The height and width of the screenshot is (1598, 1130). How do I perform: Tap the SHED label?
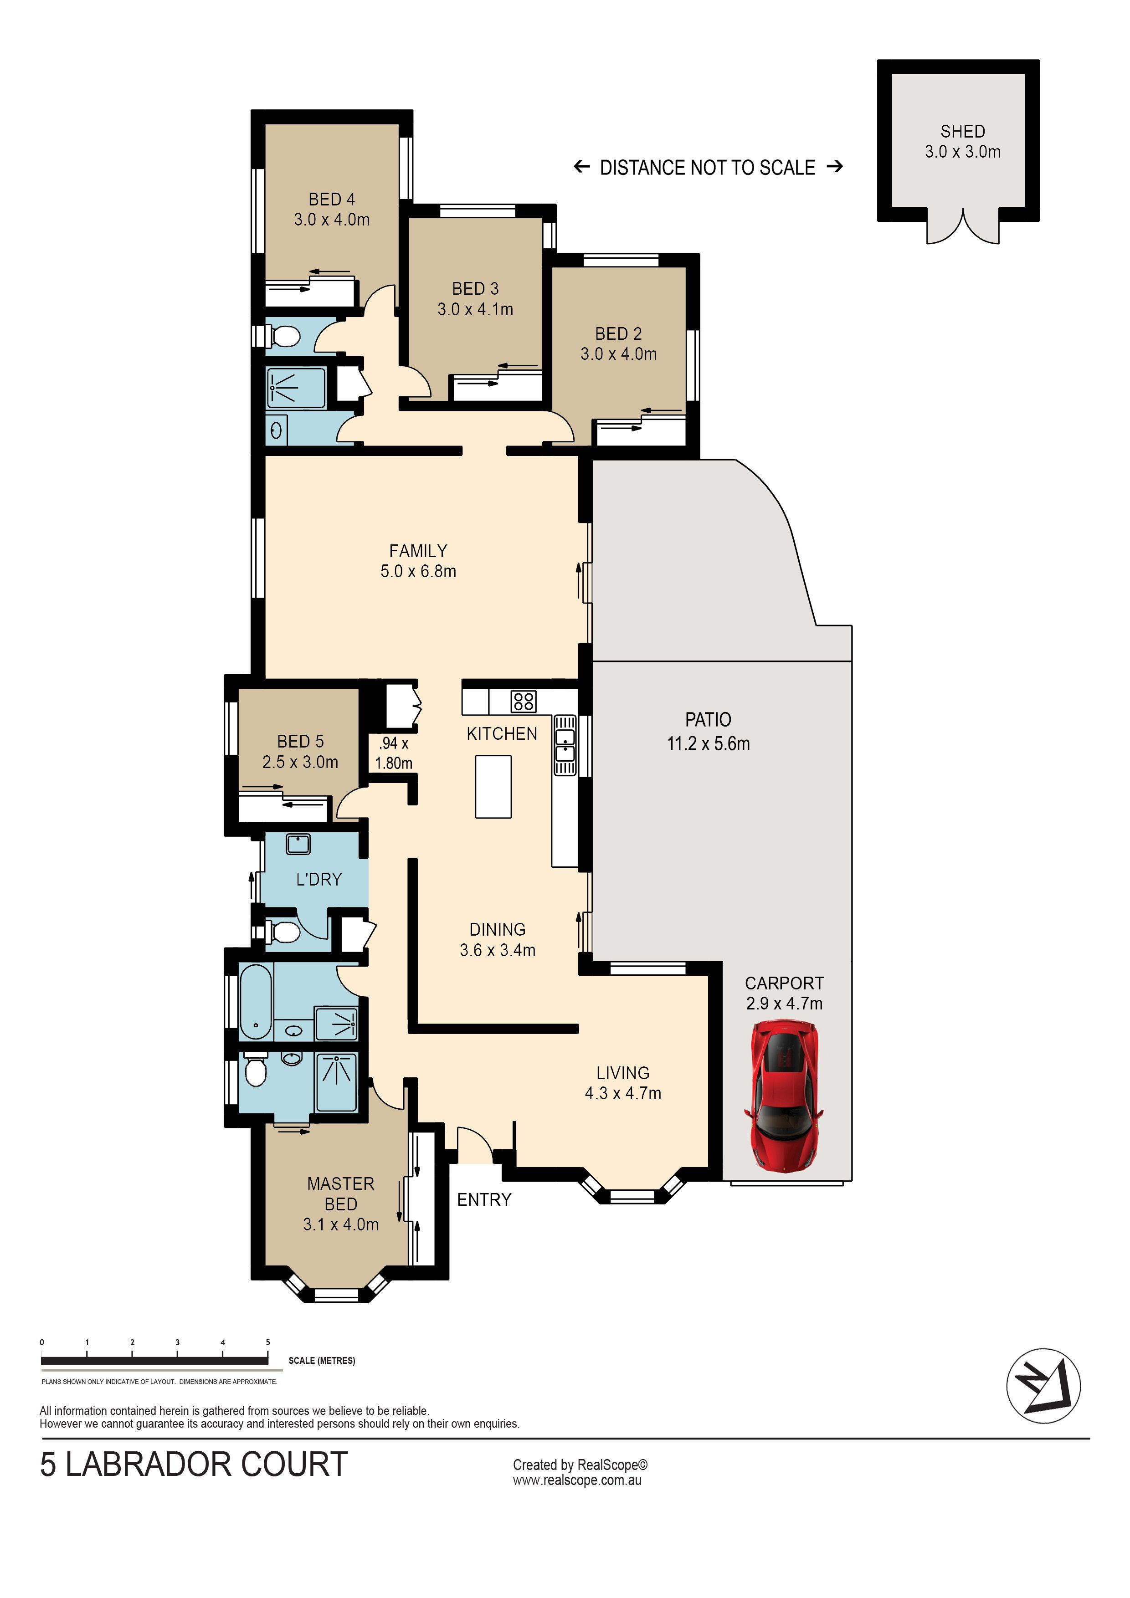coord(962,132)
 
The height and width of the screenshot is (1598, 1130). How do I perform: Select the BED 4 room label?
coord(331,200)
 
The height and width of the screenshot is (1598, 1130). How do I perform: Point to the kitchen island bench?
coord(493,786)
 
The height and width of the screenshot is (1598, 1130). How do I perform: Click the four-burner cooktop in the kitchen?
coord(523,701)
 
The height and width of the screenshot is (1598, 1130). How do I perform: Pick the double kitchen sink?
coord(565,745)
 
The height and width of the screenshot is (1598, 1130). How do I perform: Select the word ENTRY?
coord(484,1200)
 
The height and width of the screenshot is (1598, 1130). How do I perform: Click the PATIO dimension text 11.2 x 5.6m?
coord(708,744)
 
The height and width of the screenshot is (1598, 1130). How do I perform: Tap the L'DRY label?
coord(319,880)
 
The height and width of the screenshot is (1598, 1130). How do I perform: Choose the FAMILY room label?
coord(418,551)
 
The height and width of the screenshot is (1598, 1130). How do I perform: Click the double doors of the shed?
coord(962,226)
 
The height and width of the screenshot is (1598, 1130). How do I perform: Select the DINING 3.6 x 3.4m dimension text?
coord(497,951)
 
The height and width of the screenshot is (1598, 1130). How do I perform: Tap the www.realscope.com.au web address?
coord(577,1480)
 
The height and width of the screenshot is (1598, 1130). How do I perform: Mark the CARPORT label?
coord(784,983)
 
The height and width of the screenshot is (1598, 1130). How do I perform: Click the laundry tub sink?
coord(298,844)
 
